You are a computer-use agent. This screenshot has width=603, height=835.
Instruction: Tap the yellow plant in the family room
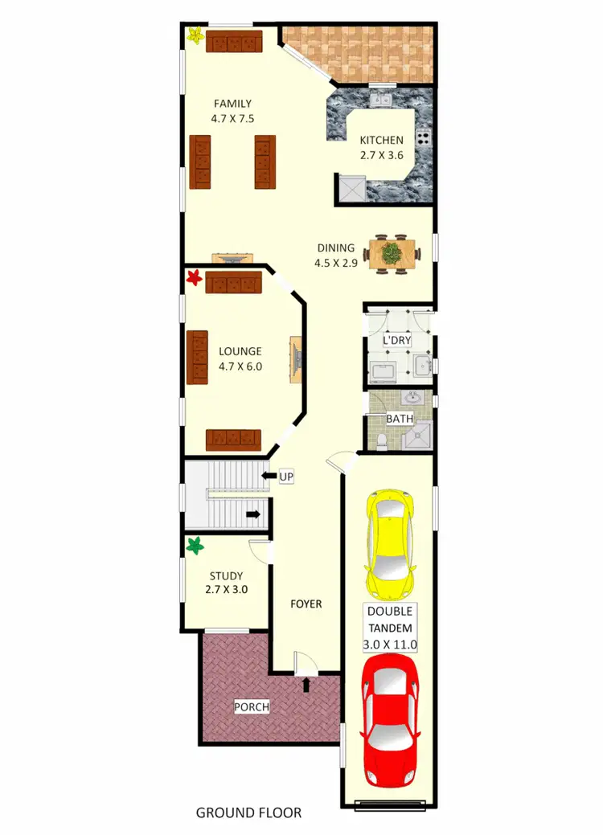coord(195,35)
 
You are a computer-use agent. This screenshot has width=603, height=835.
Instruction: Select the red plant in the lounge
coord(193,278)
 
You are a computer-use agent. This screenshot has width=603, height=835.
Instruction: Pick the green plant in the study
coord(195,546)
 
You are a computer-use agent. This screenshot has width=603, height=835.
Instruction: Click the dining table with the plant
coord(391,254)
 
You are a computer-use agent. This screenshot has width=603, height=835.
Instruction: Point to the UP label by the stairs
coord(286,477)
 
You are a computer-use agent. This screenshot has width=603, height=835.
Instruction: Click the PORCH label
coord(251,707)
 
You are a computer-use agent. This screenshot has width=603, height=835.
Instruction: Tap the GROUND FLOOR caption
coord(249,812)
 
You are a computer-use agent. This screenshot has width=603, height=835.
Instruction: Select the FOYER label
coord(306,604)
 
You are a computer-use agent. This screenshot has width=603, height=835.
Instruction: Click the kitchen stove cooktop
coord(423,134)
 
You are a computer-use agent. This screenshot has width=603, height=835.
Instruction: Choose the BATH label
coord(400,419)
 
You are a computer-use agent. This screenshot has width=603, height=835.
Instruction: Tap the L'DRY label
coord(396,341)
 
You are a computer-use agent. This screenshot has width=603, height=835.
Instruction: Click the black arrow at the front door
coord(306,685)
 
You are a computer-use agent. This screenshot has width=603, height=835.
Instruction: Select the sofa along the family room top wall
coord(234,42)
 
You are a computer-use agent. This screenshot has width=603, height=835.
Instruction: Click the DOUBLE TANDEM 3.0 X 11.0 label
coord(390,628)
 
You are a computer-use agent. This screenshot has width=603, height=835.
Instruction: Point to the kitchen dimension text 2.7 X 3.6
coord(381,155)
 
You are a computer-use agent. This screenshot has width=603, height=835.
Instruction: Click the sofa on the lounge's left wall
coord(197,358)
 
